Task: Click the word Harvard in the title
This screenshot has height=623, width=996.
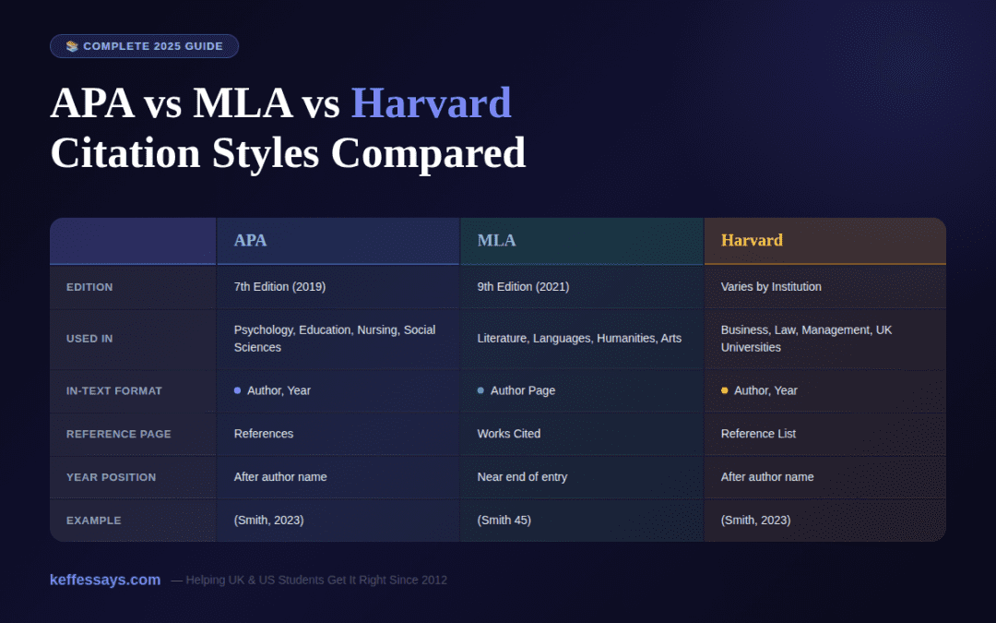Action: [x=431, y=103]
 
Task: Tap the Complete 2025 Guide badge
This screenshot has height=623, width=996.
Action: [x=145, y=46]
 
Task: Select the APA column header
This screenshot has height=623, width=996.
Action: [x=250, y=241]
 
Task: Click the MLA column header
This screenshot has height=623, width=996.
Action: [x=496, y=241]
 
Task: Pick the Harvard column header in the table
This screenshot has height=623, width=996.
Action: [x=752, y=241]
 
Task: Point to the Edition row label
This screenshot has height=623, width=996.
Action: [x=89, y=287]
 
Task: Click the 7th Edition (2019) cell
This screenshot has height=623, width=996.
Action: [x=279, y=287]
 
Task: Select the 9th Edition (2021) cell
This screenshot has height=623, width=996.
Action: [x=523, y=287]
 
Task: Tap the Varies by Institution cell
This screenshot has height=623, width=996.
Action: [x=771, y=287]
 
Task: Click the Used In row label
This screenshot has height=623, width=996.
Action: [x=89, y=339]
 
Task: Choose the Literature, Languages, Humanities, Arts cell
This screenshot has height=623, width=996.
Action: [x=579, y=339]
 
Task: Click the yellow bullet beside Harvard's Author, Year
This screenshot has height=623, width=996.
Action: [x=724, y=390]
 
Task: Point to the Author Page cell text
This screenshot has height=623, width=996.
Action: [x=523, y=390]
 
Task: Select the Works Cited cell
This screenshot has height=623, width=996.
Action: [x=509, y=434]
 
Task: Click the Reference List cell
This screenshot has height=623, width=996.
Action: [x=758, y=434]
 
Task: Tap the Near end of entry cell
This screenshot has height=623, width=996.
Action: [x=522, y=477]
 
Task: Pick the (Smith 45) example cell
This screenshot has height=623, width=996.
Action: [x=504, y=521]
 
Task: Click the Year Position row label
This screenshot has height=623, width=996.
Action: [x=111, y=477]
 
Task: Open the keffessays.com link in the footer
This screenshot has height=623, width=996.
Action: [x=105, y=580]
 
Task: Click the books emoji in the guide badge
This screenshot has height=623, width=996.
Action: [x=72, y=46]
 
